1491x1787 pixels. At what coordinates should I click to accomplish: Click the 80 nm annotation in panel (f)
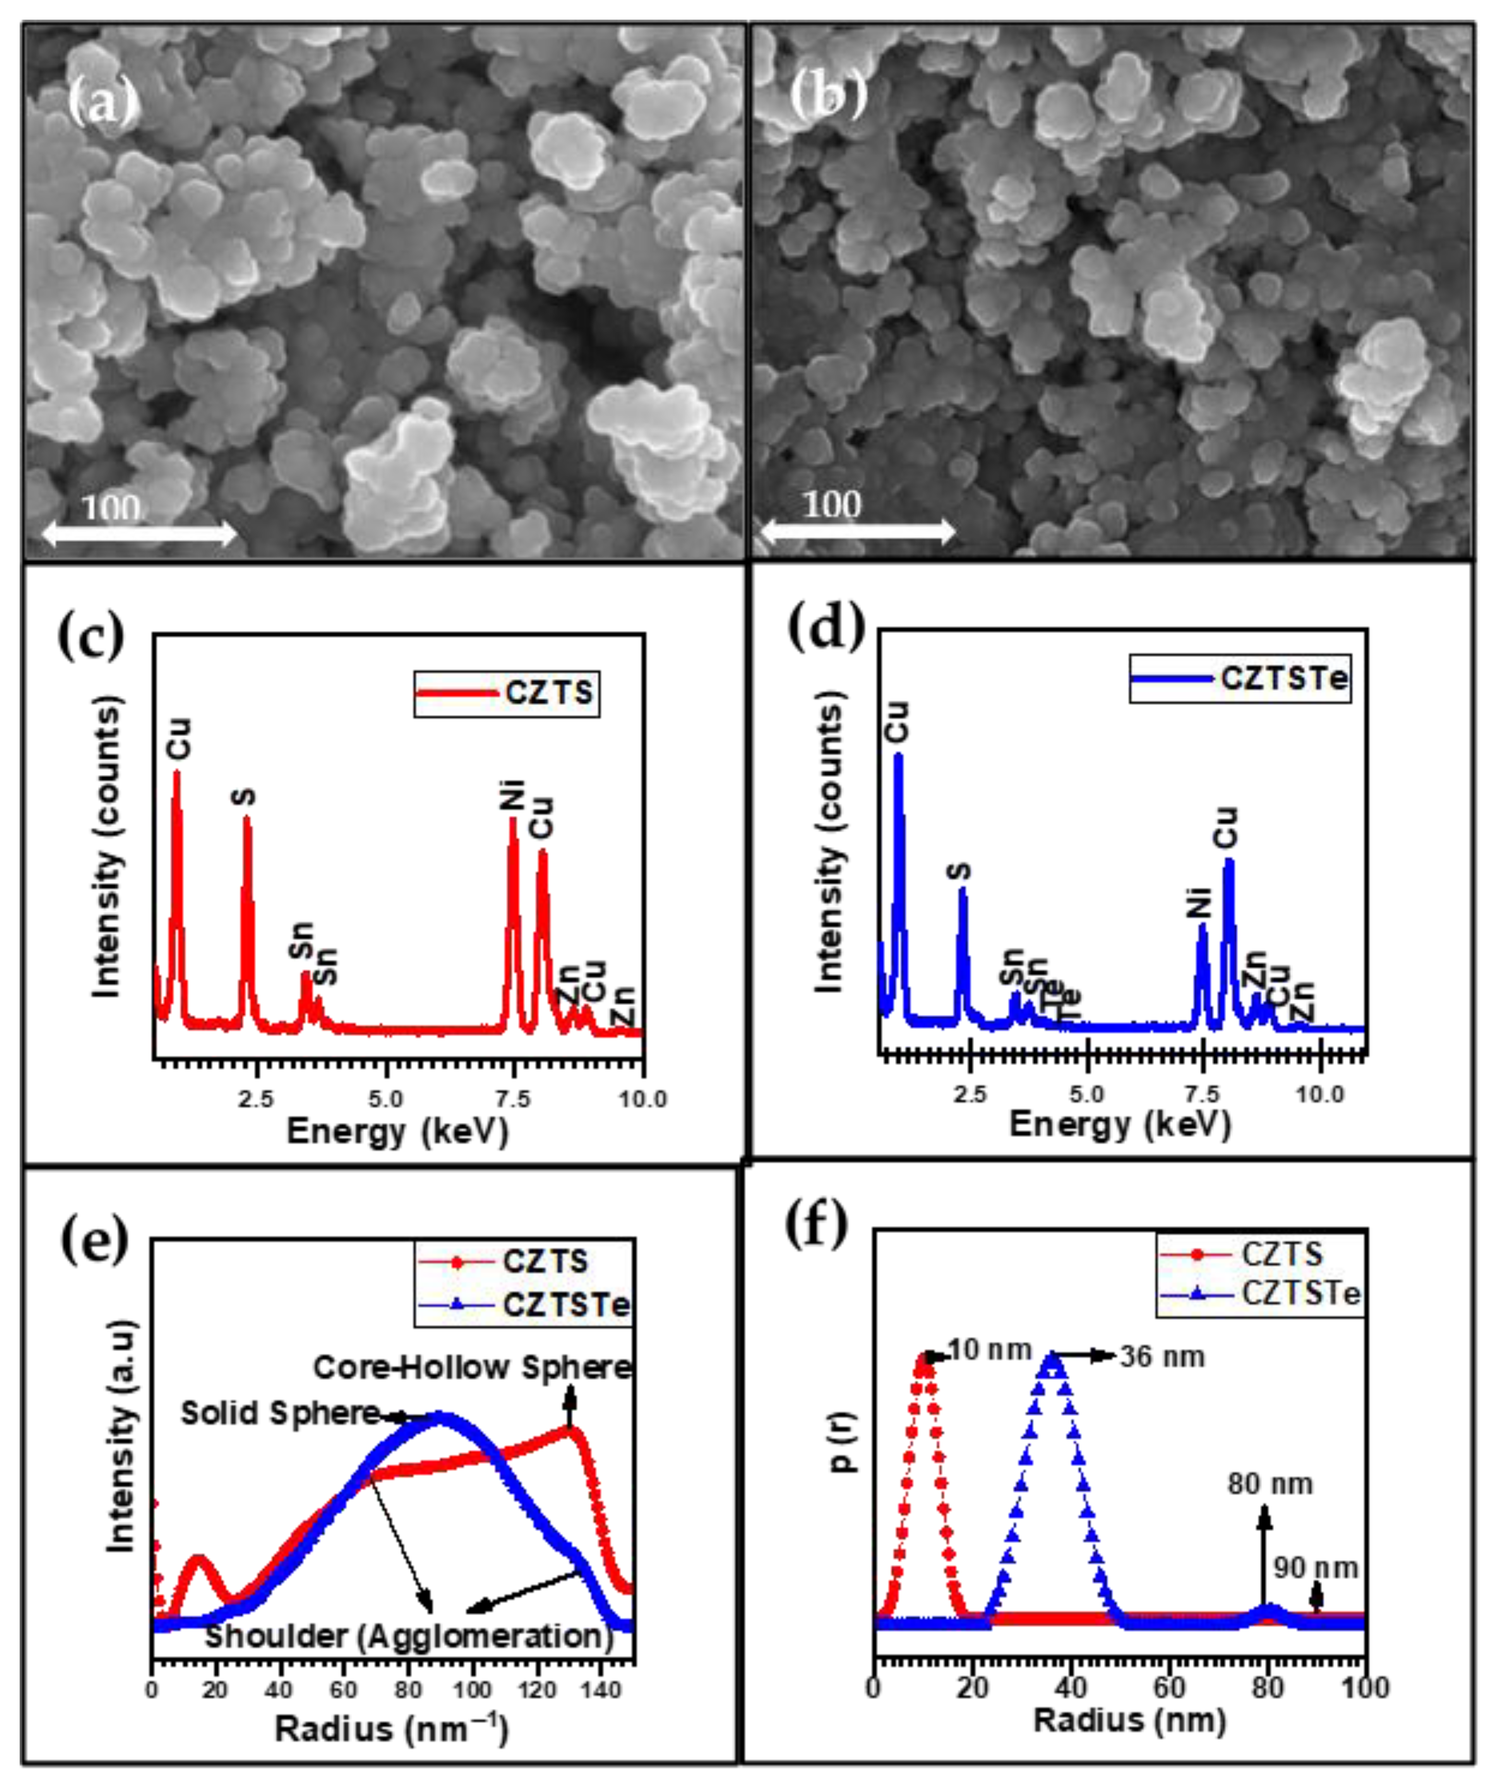click(x=1270, y=1484)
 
